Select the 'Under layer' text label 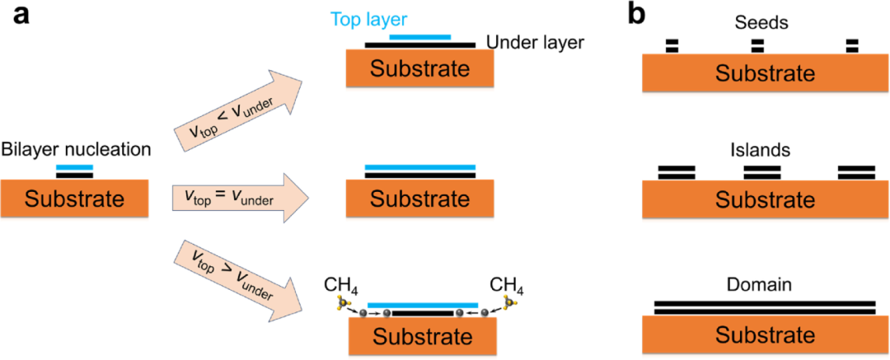[535, 41]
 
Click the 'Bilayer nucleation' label [75, 149]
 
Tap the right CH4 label [507, 286]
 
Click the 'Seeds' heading [760, 23]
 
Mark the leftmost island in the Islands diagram [677, 172]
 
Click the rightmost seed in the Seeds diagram [853, 45]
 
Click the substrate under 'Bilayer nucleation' [75, 199]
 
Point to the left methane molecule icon [343, 304]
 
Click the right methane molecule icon [509, 304]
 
